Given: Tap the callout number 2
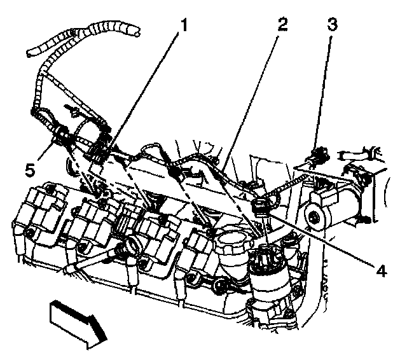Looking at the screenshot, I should (282, 25).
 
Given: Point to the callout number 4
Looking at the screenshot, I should (380, 270).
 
